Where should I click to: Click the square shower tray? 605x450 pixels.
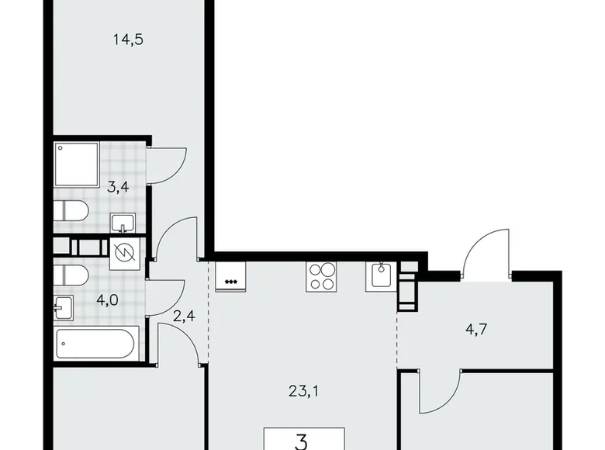pyautogui.click(x=76, y=164)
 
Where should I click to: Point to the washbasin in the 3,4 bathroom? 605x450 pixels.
pyautogui.click(x=122, y=223)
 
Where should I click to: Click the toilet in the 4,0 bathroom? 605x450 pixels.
pyautogui.click(x=71, y=276)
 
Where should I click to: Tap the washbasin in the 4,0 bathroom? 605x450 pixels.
pyautogui.click(x=65, y=308)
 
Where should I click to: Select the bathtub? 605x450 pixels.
pyautogui.click(x=96, y=344)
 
